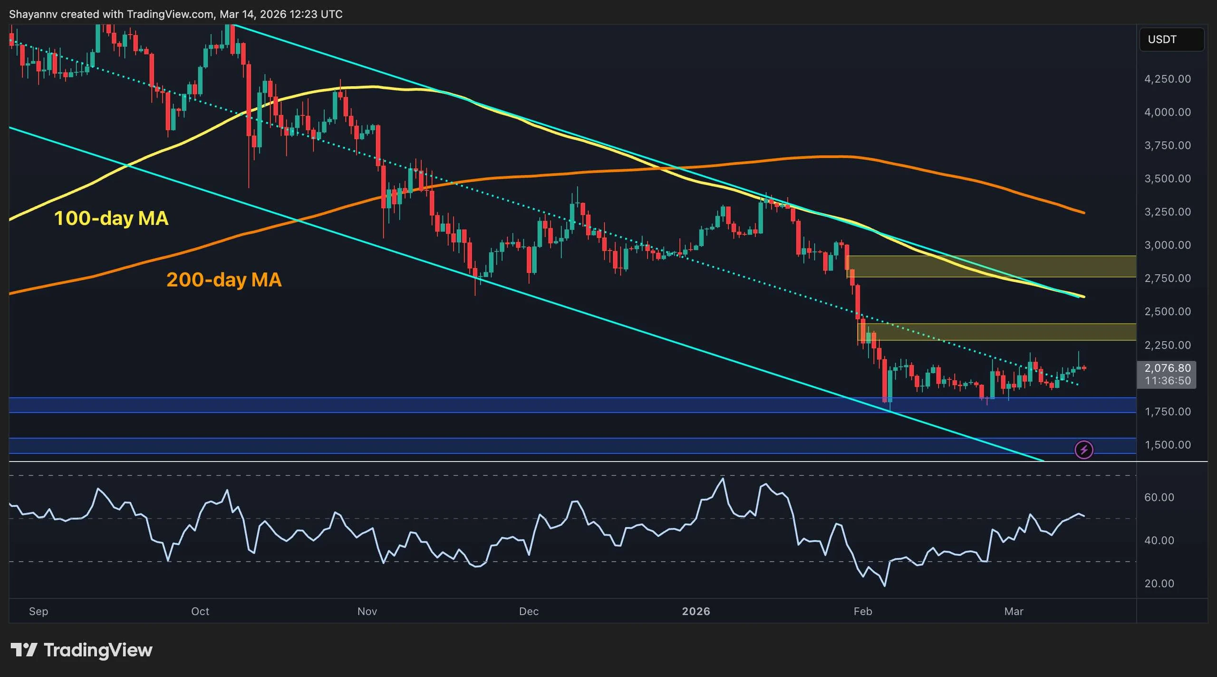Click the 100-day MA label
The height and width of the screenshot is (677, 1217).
coord(111,218)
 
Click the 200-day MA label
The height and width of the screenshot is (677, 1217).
coord(224,280)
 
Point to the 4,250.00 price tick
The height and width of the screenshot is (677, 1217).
coord(1168,79)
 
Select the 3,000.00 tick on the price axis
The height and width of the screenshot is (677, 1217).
coord(1168,245)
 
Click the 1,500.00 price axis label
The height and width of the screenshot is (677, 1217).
coord(1168,445)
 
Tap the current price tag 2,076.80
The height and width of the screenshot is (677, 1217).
coord(1168,368)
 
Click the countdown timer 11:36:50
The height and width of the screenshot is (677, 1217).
coord(1168,381)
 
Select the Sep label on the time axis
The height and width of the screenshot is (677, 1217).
coord(39,611)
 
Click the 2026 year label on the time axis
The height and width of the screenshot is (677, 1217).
coord(696,611)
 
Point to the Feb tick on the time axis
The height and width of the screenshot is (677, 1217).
coord(863,611)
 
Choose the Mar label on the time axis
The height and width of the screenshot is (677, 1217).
coord(1014,611)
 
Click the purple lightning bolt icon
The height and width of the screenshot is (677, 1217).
coord(1084,450)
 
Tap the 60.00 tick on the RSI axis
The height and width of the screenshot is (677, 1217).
coord(1159,497)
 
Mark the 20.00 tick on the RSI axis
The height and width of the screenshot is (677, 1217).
coord(1159,584)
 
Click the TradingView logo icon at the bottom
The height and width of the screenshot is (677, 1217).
coord(24,650)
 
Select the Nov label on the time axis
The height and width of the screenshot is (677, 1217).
coord(367,611)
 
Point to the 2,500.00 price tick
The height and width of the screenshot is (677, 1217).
coord(1168,312)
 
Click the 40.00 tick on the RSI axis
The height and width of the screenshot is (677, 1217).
coord(1159,541)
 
